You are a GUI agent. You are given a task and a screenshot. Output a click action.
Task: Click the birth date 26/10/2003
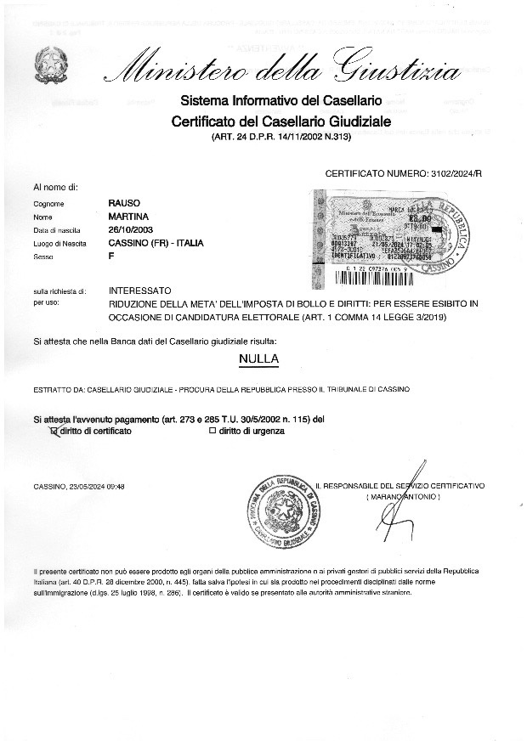pos(129,230)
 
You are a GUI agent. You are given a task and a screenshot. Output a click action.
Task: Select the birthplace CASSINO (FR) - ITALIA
pos(156,243)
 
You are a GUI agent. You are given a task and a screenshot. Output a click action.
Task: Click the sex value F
pos(111,256)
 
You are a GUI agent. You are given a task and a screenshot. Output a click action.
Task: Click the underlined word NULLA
pos(260,359)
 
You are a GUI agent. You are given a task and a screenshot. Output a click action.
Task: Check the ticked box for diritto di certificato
pos(55,432)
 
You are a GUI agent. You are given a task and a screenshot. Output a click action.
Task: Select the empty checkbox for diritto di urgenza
pos(212,432)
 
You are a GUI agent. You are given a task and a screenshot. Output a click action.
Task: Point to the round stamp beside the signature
pos(281,512)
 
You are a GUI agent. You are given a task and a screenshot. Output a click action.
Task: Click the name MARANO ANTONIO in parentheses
pos(402,495)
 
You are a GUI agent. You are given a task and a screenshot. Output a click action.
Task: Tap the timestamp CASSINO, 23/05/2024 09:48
pos(80,486)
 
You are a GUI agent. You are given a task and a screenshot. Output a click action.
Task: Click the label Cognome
pos(48,204)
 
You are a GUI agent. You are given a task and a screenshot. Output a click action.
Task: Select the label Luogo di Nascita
pos(54,243)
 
